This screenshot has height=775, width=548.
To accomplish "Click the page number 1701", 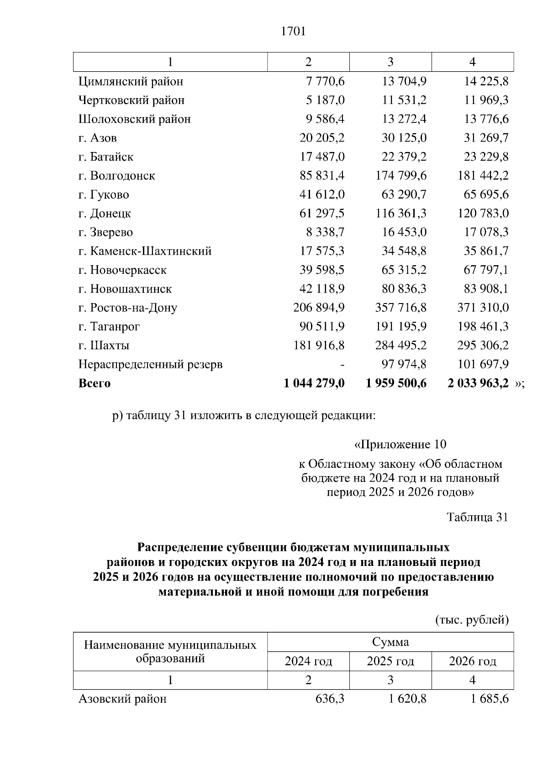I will tap(293, 31).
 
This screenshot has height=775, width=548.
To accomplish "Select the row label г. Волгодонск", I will tap(116, 176).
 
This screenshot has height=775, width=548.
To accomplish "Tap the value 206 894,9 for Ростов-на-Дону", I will tap(319, 308).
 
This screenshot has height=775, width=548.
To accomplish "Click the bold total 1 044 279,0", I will tap(314, 383).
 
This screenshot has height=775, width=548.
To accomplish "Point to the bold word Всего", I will tap(95, 383).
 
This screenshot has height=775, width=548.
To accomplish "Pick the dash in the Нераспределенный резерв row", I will tap(342, 365).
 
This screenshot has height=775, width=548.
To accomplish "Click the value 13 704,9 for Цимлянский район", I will tap(404, 82).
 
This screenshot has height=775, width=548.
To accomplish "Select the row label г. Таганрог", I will tap(109, 327).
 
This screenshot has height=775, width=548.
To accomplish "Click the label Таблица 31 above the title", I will tap(477, 517).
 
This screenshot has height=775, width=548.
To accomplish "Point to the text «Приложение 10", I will tap(400, 445).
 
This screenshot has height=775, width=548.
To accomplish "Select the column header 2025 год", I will tap(390, 661).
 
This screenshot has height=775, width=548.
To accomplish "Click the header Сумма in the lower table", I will tap(390, 642).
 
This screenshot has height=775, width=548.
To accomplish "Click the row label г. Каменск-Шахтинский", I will tap(145, 251).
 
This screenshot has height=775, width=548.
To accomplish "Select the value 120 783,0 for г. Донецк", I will tap(483, 214).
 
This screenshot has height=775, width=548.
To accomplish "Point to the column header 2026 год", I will tap(473, 661).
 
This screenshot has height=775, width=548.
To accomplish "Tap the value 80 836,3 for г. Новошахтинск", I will tap(404, 289).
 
